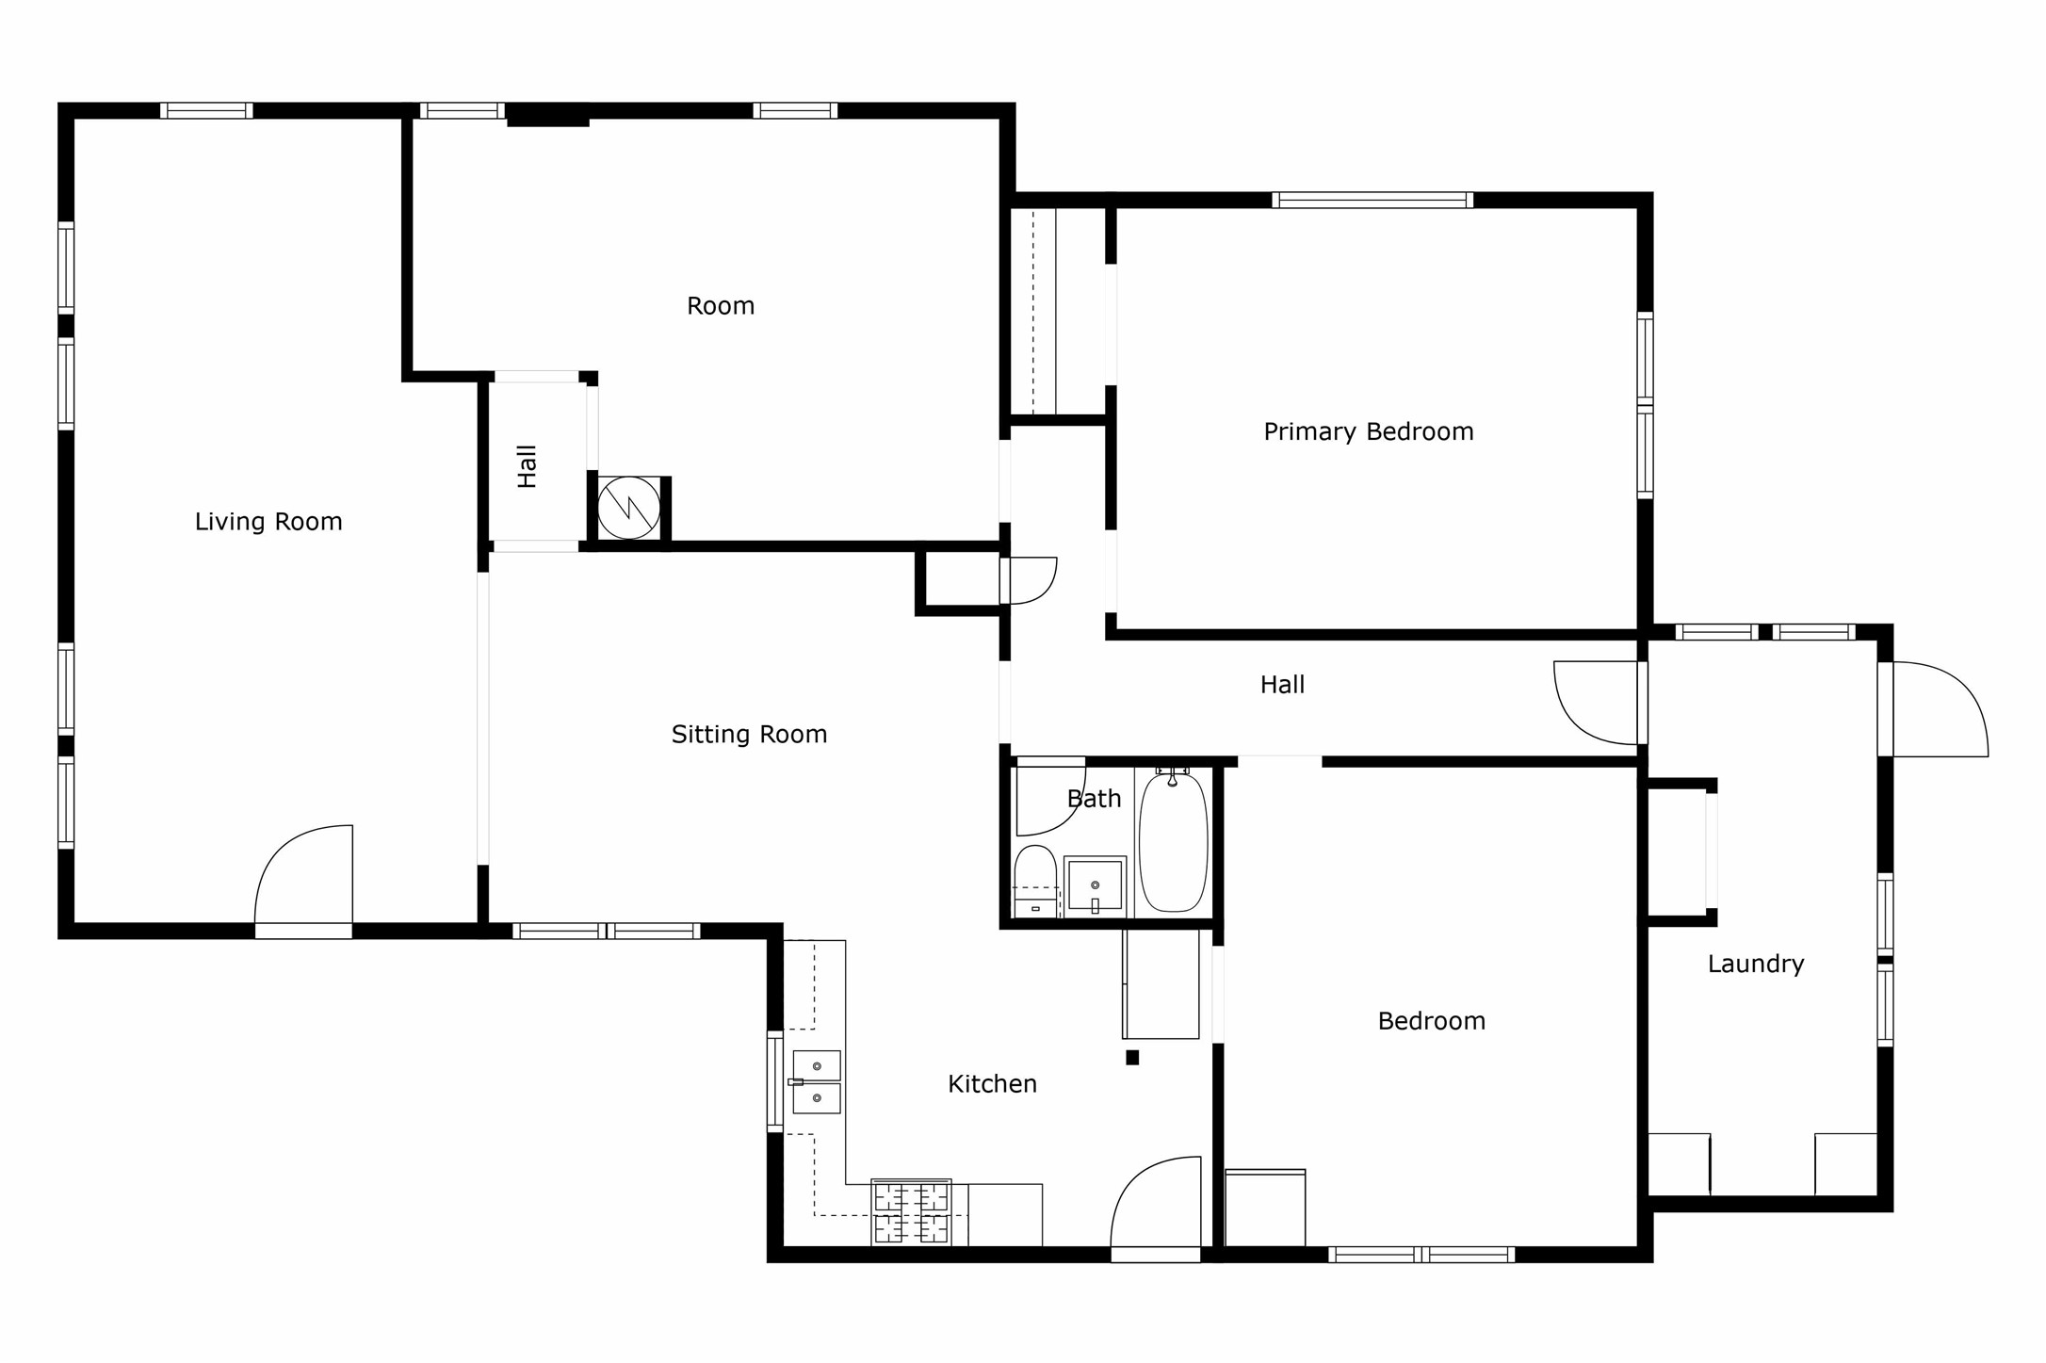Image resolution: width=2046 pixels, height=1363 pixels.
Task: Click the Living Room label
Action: click(268, 522)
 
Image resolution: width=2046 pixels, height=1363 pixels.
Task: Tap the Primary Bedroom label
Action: click(1368, 432)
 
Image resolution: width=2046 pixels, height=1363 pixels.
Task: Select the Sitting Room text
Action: click(749, 735)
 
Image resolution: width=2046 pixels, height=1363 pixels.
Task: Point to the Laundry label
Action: click(1756, 964)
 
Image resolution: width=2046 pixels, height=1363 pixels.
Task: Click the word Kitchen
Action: click(992, 1084)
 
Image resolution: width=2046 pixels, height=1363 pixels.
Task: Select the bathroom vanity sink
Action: click(1095, 886)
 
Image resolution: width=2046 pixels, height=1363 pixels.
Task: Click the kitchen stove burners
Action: click(911, 1212)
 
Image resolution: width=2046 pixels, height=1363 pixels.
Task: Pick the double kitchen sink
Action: click(816, 1082)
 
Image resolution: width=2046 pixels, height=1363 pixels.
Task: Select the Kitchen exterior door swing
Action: click(1157, 1204)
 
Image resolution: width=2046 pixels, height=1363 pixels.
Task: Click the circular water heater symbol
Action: click(629, 509)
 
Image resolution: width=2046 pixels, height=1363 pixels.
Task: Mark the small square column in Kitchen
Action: click(1132, 1058)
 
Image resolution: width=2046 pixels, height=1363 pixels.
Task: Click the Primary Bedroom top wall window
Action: click(1372, 200)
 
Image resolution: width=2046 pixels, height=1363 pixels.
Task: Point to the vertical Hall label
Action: click(528, 466)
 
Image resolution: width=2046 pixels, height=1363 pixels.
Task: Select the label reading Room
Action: click(721, 306)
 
